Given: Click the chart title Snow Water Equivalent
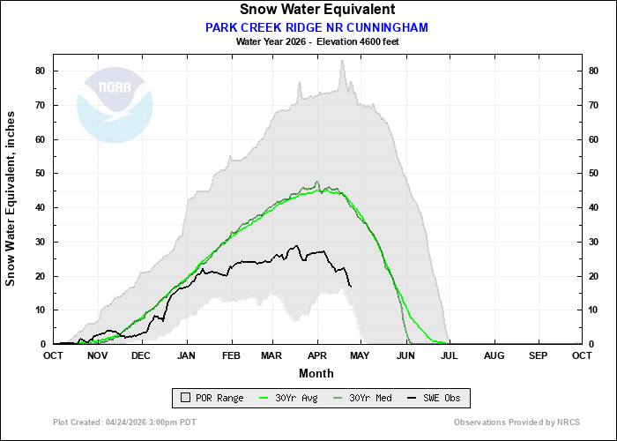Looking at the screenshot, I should coord(317,10).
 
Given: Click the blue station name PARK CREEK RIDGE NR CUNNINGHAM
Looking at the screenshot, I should coord(317,27).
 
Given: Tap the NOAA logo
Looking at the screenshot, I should coord(115,104).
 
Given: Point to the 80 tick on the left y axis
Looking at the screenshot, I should coord(41,71).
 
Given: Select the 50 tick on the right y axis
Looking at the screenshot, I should coord(594,173).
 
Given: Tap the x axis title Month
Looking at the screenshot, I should coord(316,373).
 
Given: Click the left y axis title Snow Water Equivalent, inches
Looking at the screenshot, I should coord(11,198).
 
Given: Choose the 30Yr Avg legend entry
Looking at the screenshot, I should coord(292,398).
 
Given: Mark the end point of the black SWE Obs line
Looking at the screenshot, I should coord(352,287).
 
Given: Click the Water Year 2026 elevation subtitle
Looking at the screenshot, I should coord(317,41).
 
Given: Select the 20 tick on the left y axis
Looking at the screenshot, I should coord(41,275).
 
